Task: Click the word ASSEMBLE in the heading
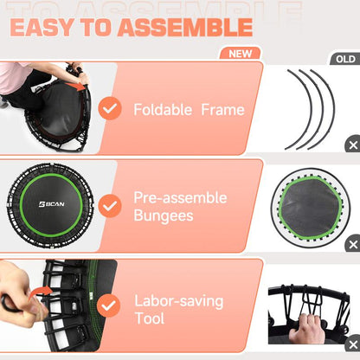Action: (x=184, y=27)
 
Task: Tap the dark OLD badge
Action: (x=344, y=60)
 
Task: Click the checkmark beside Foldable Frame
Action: (x=110, y=109)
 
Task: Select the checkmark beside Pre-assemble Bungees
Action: (x=110, y=206)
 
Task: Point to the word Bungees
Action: (x=163, y=216)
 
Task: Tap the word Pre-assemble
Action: (x=180, y=197)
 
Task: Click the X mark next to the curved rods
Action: (x=351, y=145)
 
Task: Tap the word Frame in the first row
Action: (x=223, y=110)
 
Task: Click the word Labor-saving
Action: (x=178, y=300)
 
